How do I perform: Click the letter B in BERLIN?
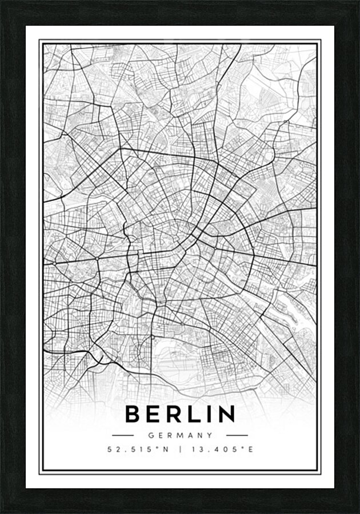(134, 414)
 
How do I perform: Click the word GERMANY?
(180, 435)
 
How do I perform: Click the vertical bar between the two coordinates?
(180, 449)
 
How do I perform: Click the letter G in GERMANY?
(150, 435)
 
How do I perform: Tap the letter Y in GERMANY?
(210, 435)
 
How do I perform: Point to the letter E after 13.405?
(250, 449)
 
